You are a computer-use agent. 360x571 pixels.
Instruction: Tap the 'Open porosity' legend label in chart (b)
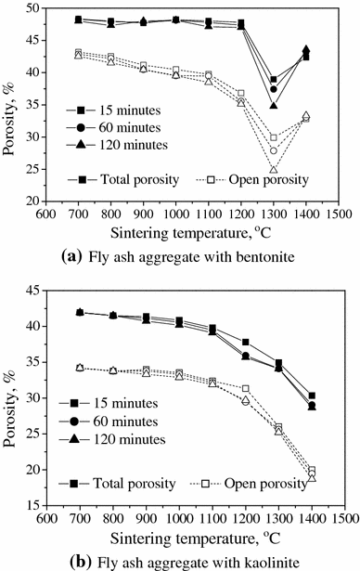pyautogui.click(x=264, y=483)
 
